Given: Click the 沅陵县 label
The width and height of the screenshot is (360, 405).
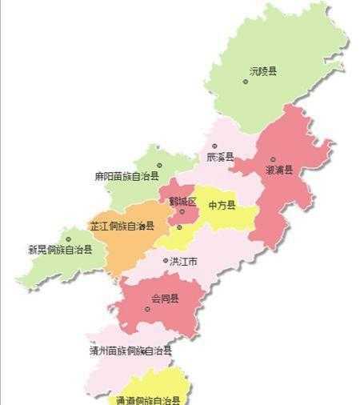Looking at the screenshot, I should (x=263, y=72).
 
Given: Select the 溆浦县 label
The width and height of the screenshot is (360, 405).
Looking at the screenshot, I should (x=279, y=170).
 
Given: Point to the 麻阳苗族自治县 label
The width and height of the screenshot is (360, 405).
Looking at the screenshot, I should (x=126, y=176).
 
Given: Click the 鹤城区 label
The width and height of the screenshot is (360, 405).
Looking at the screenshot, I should (x=182, y=202).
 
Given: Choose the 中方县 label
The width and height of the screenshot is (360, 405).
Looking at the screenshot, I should (x=222, y=206).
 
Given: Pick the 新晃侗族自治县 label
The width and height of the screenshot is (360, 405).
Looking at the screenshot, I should (x=61, y=250).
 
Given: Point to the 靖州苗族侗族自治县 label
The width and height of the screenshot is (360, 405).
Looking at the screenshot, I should (x=130, y=351).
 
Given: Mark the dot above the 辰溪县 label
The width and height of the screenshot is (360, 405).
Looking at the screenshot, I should (x=214, y=146).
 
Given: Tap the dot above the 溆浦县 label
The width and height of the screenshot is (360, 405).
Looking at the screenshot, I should (x=273, y=159).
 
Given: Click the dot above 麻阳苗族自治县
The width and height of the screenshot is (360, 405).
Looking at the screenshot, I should (x=159, y=166).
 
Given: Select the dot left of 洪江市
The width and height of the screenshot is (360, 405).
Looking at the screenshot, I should (x=166, y=261).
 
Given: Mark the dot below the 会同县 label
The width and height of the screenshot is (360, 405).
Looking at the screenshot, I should (x=147, y=309).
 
